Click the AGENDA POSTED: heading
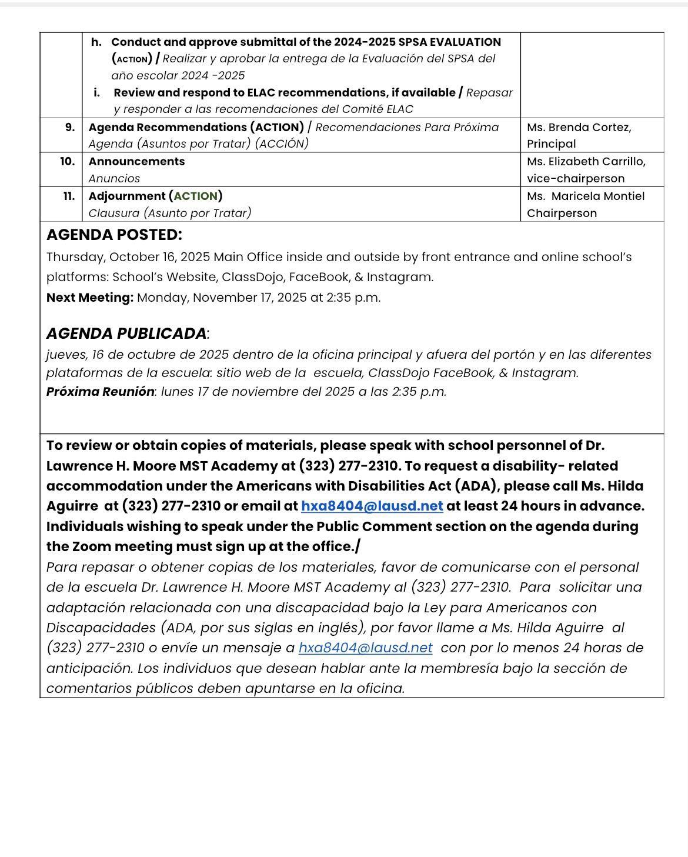(114, 235)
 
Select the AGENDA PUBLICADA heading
(126, 334)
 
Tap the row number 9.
(70, 127)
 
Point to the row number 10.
(67, 161)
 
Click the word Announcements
(136, 161)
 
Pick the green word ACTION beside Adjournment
(195, 196)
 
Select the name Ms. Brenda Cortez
(579, 127)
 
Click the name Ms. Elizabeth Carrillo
(586, 161)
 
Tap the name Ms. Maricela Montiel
(585, 196)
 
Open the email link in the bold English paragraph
(372, 506)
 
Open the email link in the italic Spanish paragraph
(365, 648)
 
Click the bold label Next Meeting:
(90, 298)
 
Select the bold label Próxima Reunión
(100, 392)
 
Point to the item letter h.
(96, 42)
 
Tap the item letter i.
(96, 92)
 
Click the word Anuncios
(114, 178)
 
